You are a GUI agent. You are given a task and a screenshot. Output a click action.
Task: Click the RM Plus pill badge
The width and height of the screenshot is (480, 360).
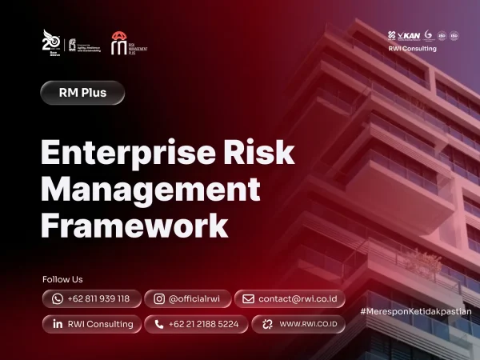pyautogui.click(x=83, y=92)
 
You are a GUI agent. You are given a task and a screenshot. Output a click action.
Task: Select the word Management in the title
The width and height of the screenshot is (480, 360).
pyautogui.click(x=150, y=189)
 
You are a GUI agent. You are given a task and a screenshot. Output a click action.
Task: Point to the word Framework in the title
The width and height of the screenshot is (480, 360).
pyautogui.click(x=134, y=225)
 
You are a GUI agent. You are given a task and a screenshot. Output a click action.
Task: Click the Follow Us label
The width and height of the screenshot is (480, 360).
pyautogui.click(x=62, y=279)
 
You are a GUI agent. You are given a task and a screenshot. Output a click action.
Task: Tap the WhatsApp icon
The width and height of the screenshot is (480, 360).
pyautogui.click(x=58, y=298)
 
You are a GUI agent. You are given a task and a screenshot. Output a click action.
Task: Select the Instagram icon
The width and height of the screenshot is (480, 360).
pyautogui.click(x=159, y=298)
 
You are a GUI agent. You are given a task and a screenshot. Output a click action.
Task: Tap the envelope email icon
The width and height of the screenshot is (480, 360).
pyautogui.click(x=249, y=298)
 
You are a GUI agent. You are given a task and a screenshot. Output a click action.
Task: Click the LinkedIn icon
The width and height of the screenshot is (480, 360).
pyautogui.click(x=58, y=324)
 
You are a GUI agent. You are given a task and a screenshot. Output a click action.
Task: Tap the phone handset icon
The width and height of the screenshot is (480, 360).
pyautogui.click(x=159, y=324)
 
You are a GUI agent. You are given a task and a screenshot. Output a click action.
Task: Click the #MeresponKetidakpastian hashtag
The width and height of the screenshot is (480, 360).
pyautogui.click(x=415, y=310)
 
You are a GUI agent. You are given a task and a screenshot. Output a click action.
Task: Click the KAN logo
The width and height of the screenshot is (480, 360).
pyautogui.click(x=410, y=35)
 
